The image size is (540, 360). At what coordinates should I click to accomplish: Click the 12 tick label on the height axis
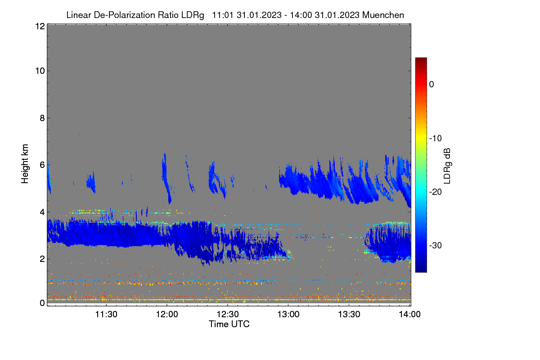[40, 26]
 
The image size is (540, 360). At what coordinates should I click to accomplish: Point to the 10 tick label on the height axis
[40, 71]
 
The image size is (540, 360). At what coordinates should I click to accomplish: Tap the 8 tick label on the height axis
[42, 118]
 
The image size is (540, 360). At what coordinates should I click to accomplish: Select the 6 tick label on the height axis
[42, 165]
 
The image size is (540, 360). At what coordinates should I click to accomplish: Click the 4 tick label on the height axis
[42, 212]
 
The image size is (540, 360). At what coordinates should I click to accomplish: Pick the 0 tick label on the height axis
[42, 303]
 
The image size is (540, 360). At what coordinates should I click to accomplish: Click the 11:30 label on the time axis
[106, 314]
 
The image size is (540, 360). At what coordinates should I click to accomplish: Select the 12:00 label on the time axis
[167, 314]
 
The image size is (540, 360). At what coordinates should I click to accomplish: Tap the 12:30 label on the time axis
[228, 314]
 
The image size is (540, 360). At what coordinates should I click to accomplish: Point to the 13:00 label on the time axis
[288, 314]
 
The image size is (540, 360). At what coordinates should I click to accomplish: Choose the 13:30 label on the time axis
[349, 314]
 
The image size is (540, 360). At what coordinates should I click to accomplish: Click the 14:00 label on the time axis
[409, 314]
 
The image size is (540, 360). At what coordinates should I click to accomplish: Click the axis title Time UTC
[229, 324]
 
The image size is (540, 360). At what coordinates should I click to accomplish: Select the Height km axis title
[25, 164]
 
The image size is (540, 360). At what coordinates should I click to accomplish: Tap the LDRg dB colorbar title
[447, 166]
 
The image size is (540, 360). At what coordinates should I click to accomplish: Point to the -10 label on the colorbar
[436, 139]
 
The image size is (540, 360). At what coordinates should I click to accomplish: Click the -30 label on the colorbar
[436, 245]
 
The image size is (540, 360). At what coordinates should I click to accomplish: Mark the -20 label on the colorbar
[436, 192]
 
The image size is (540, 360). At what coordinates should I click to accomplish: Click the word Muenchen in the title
[383, 15]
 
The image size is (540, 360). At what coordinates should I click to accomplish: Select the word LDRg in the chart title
[193, 15]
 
